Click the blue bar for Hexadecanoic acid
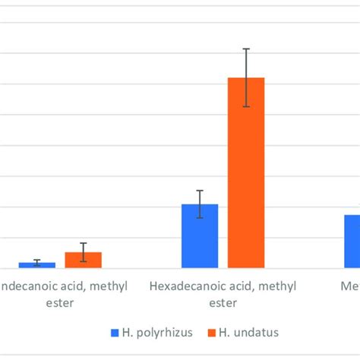[x=200, y=236]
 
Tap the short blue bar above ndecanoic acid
[x=36, y=265]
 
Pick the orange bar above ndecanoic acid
[x=83, y=260]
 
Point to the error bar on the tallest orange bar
[x=246, y=77]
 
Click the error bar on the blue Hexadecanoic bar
[x=200, y=204]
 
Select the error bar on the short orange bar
[x=83, y=252]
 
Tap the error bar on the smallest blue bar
[x=36, y=262]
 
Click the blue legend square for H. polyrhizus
[x=115, y=332]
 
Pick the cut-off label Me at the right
[x=349, y=286]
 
